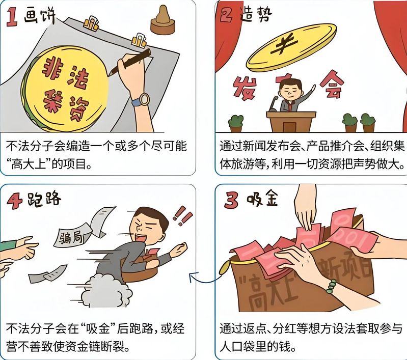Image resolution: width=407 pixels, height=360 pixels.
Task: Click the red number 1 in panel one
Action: coord(12,17)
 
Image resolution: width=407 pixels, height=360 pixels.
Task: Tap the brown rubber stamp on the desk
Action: coord(163,20)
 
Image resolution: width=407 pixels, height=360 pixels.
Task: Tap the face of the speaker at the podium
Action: coord(291,91)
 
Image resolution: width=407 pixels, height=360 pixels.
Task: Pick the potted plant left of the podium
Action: coord(236,124)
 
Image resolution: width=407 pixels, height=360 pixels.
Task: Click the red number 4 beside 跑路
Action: coord(15,201)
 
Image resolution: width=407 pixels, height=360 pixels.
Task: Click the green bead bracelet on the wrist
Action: coord(331,286)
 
